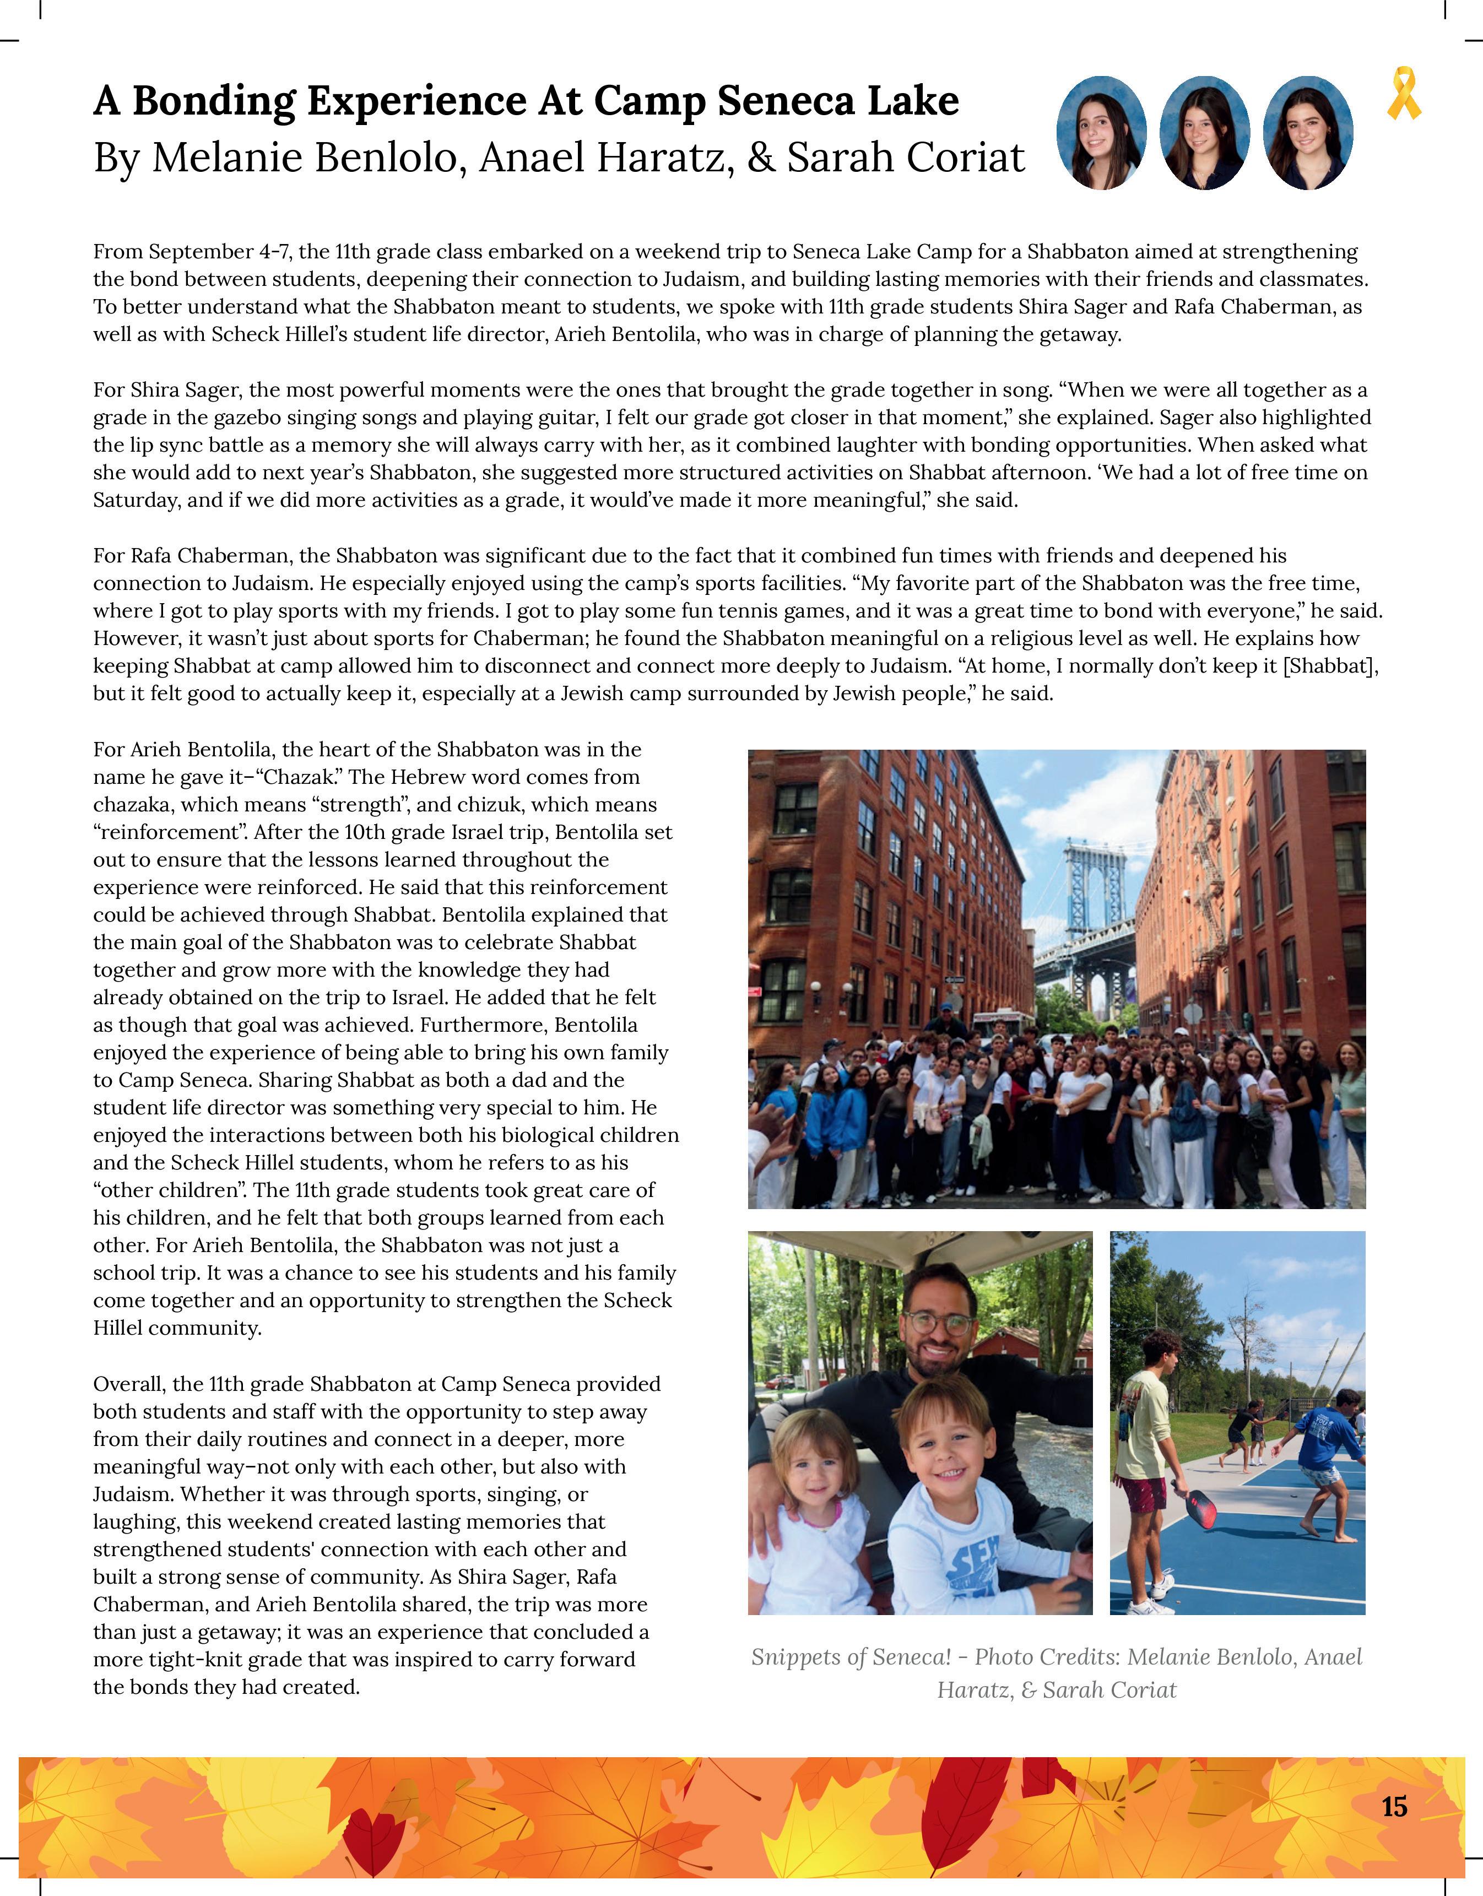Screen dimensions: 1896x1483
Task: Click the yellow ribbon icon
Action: point(1403,95)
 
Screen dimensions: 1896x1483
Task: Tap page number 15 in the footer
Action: point(1394,1807)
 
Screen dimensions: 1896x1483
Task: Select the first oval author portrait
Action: point(1101,133)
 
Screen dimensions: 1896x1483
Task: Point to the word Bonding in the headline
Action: point(214,101)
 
